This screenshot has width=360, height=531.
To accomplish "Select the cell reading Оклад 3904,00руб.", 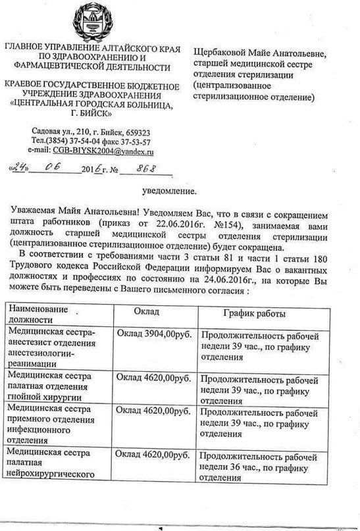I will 153,335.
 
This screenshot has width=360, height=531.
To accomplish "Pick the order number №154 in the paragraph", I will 227,227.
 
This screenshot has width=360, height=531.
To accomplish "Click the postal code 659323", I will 134,132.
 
